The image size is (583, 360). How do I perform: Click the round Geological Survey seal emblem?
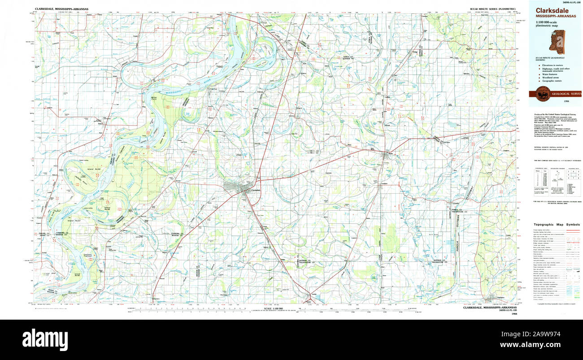click(543, 94)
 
